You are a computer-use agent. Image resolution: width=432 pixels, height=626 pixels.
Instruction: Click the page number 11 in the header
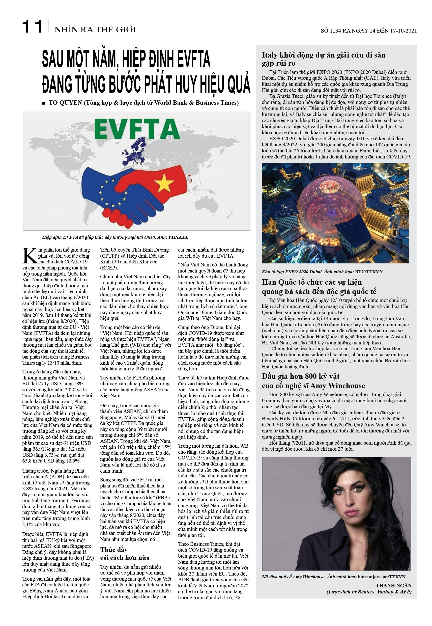(x=32, y=27)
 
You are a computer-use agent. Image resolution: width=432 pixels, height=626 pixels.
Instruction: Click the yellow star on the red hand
(x=164, y=183)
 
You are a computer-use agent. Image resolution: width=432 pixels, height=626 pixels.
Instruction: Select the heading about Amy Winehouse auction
(x=313, y=381)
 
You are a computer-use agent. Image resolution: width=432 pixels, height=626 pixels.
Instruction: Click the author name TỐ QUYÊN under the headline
(x=65, y=103)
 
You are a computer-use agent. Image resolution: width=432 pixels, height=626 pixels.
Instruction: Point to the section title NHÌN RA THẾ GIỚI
(x=95, y=30)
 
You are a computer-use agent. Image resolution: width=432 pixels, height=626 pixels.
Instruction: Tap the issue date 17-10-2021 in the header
(x=403, y=31)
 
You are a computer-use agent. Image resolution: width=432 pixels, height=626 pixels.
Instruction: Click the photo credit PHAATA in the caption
(x=178, y=237)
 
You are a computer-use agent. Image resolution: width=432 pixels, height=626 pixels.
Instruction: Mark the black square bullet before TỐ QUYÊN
(x=43, y=103)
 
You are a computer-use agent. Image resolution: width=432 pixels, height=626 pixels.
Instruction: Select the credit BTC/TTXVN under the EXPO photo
(x=369, y=271)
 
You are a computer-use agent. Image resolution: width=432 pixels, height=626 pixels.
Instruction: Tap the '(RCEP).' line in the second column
(x=109, y=268)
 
